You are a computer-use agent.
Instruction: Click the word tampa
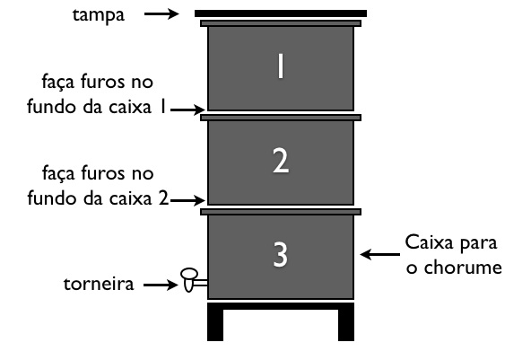tap(99, 15)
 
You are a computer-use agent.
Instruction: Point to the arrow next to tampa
tap(161, 13)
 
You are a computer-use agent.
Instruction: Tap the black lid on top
tap(281, 13)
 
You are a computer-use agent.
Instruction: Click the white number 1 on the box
tap(281, 66)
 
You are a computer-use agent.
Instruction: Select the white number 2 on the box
tap(281, 161)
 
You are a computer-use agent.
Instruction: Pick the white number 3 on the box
tap(281, 254)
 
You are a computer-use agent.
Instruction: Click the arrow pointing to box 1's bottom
tap(187, 110)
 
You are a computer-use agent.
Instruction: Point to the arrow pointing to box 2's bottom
tap(187, 201)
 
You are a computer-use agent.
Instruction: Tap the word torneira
tap(99, 284)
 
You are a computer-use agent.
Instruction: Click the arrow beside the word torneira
tap(161, 285)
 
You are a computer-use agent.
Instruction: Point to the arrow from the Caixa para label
tap(380, 254)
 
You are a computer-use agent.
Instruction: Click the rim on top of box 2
tap(281, 118)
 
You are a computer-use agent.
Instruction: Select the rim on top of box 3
tap(281, 212)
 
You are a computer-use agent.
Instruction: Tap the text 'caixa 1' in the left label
tap(137, 107)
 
